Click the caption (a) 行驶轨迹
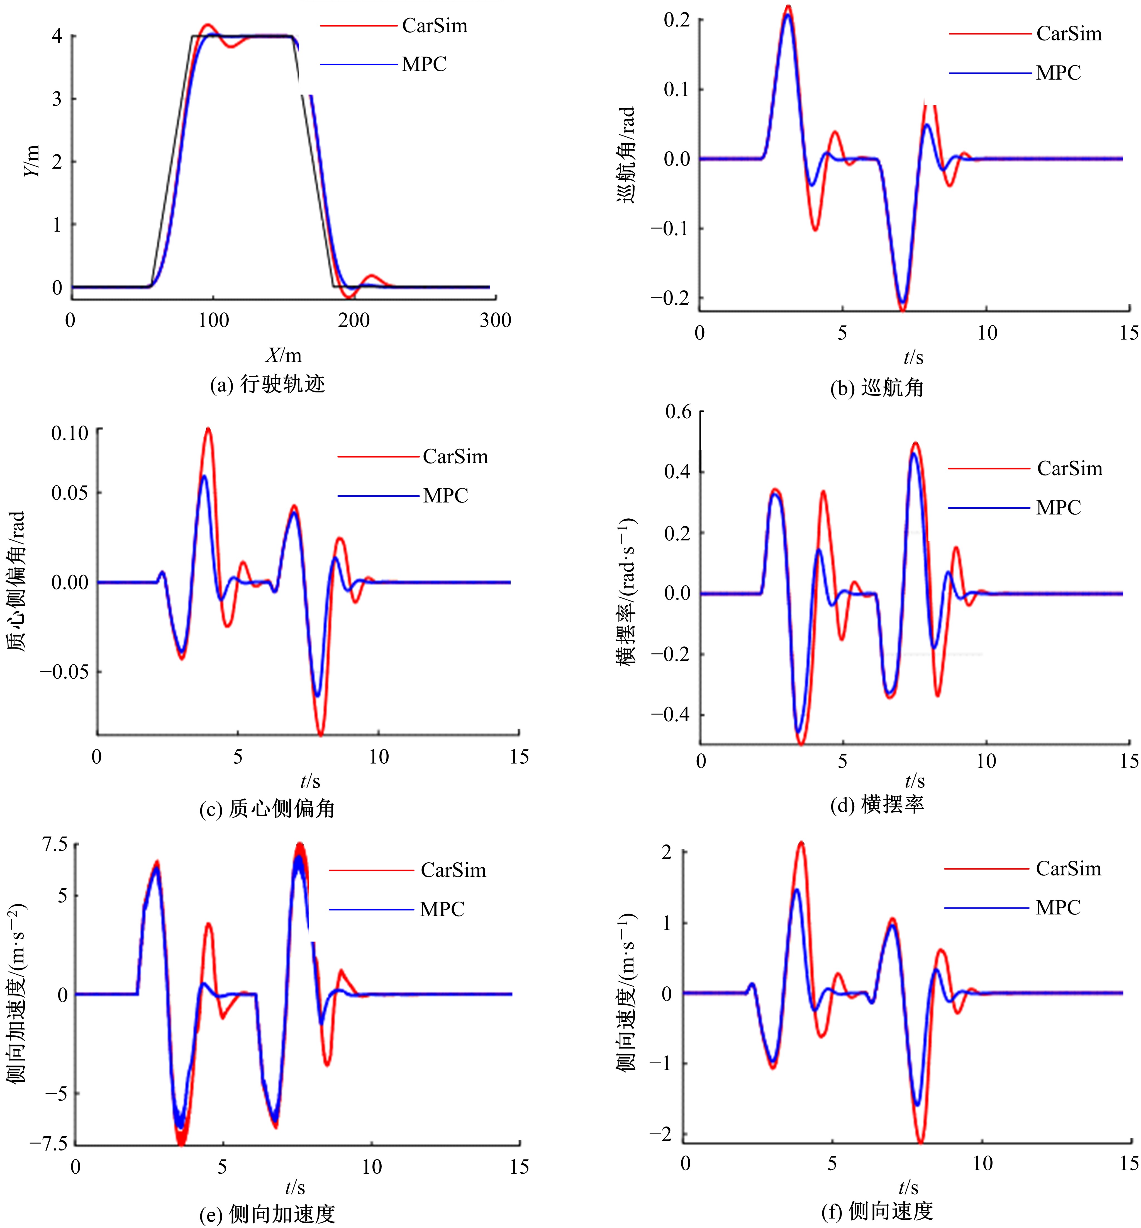click(267, 384)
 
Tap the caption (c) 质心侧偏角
click(267, 809)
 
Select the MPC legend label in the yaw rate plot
click(1058, 508)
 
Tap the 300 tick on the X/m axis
click(495, 321)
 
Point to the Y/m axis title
click(32, 161)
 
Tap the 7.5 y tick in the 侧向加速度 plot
click(54, 844)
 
